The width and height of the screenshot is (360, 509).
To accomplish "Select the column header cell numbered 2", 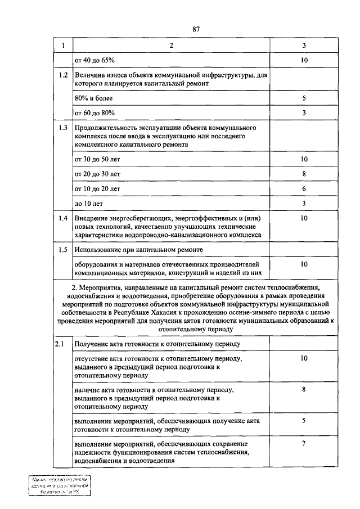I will click(171, 46).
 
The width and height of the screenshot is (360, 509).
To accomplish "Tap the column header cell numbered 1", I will click(63, 46).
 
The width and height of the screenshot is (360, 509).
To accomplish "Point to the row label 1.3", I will click(64, 128).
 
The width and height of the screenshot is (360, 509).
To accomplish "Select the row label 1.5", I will click(64, 249).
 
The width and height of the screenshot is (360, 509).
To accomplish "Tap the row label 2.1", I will click(60, 343).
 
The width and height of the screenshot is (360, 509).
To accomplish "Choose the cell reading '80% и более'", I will click(94, 98).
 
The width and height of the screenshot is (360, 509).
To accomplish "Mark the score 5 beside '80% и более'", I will click(304, 98).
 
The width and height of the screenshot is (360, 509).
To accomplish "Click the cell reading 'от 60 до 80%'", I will click(94, 113).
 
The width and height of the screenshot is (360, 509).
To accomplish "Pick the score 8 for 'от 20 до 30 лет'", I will click(304, 174).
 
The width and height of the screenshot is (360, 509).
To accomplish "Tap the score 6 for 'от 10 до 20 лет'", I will click(304, 188).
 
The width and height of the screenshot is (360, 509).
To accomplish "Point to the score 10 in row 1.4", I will click(304, 218).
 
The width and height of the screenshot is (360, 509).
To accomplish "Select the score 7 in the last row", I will click(304, 443).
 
